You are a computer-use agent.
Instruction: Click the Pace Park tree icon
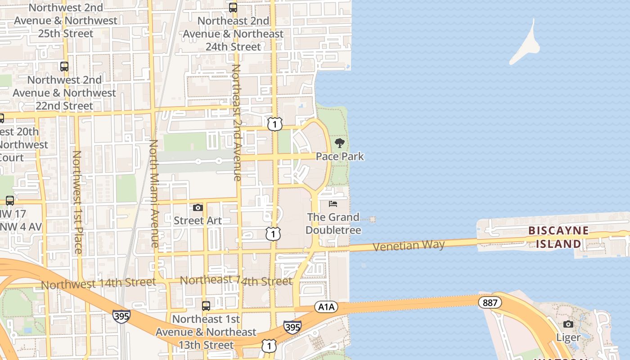tap(340, 144)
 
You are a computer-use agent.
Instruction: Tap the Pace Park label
tap(340, 157)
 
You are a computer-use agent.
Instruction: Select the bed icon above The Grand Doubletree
tap(333, 204)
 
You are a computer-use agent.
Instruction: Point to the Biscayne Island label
tap(558, 237)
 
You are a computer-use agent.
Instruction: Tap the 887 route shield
tap(490, 302)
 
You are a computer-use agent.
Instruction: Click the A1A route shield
tap(326, 307)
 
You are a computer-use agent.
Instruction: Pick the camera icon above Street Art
tap(198, 207)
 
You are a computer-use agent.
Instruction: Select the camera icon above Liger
tap(568, 324)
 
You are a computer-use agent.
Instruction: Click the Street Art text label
tap(198, 220)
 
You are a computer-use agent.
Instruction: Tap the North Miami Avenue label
tap(154, 193)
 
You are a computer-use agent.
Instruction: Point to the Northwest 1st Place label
tap(77, 202)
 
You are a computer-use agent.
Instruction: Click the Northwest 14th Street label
tap(99, 284)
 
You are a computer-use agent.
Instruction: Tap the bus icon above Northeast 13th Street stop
tap(206, 306)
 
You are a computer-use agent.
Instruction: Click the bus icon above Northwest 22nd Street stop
tap(64, 67)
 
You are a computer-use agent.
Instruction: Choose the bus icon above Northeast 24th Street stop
tap(233, 8)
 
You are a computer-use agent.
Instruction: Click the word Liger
tap(568, 337)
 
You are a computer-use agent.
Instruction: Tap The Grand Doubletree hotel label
tap(333, 224)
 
